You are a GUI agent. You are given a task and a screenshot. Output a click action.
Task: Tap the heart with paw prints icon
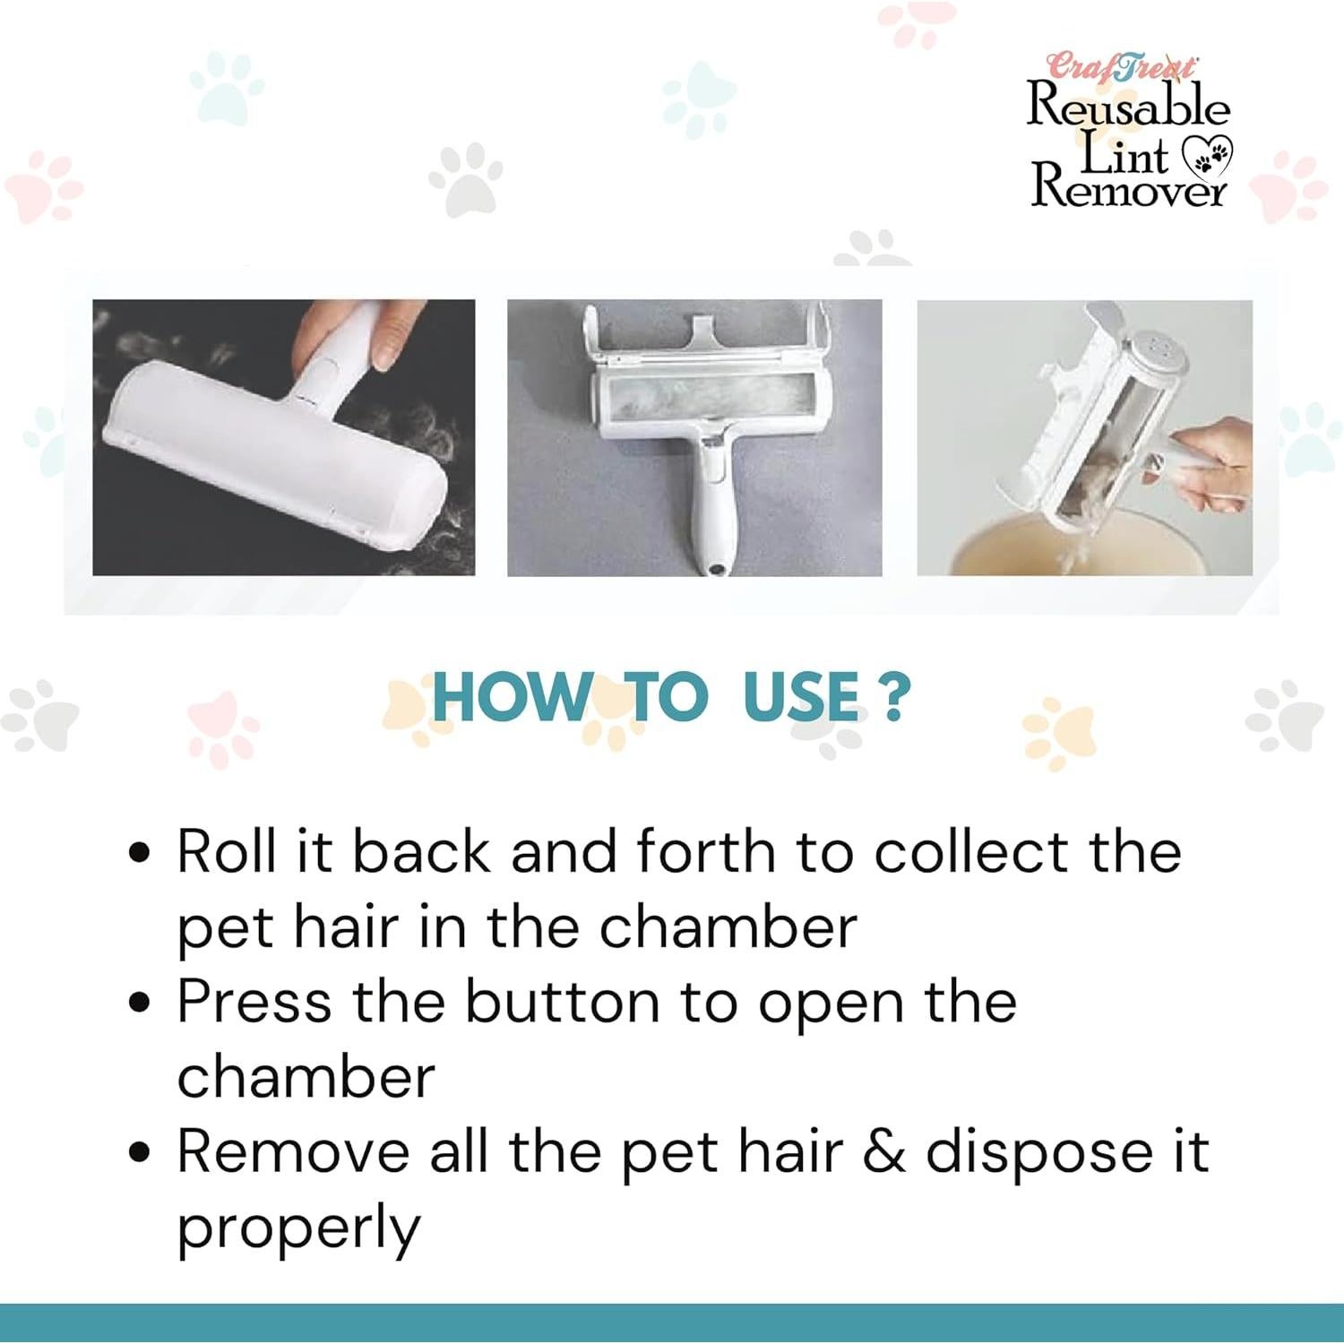coord(1209,157)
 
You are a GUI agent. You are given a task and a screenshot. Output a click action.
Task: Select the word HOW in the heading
coord(510,697)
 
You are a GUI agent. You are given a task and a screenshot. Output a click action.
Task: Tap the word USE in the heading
coord(800,697)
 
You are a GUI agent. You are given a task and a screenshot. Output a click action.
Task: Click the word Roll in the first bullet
coord(226,850)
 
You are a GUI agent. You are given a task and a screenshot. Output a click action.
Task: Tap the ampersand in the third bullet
coord(883,1151)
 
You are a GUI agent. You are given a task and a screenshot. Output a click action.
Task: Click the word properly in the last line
coord(298,1229)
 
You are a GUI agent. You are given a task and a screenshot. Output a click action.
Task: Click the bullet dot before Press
coord(139,1002)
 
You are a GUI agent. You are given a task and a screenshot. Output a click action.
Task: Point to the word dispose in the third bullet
coord(1038,1153)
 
